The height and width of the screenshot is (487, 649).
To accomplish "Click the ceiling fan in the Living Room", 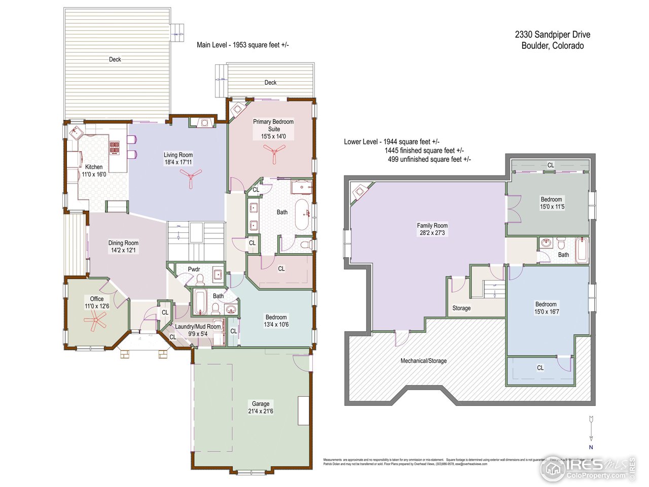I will click(191, 178).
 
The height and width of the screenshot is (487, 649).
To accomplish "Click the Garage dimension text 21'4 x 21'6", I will click(261, 411).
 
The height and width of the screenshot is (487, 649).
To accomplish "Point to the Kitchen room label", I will click(94, 167).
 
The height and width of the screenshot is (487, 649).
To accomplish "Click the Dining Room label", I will click(123, 243).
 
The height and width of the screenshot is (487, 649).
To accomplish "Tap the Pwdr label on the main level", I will click(194, 269).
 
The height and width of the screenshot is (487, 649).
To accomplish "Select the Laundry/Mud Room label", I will click(198, 327).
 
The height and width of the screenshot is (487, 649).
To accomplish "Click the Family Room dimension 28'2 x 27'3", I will click(432, 233).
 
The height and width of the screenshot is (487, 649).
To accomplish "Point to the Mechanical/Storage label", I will click(423, 361).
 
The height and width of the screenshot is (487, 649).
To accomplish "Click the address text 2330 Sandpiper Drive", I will click(553, 34).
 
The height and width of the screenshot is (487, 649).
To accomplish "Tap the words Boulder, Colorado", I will click(553, 46).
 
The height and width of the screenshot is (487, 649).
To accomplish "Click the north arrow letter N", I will click(591, 447).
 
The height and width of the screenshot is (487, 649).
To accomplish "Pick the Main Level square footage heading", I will click(243, 45).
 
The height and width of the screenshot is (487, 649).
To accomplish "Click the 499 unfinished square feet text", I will click(429, 159).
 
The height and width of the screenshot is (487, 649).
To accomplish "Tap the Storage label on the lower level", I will click(461, 308).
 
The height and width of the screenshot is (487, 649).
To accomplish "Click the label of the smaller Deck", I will click(270, 82).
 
